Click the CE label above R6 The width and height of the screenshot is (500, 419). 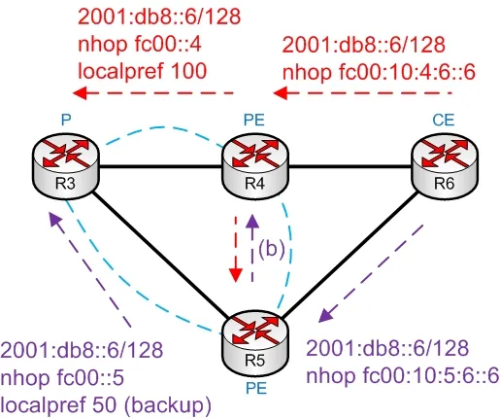coord(444,121)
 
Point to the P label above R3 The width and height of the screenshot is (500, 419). coord(66,121)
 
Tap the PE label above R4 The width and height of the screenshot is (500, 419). coord(254,121)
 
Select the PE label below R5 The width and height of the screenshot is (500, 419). coord(256,388)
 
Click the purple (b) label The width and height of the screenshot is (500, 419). coord(272,249)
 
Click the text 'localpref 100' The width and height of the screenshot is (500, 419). coord(143,71)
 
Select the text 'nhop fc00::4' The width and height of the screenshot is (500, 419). coord(140,44)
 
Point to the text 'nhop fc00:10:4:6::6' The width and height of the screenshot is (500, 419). coord(379,72)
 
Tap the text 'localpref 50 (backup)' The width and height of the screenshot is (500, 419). coord(106,404)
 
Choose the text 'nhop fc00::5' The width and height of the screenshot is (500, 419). coord(62,377)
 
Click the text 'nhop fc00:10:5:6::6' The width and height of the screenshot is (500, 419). coord(403,376)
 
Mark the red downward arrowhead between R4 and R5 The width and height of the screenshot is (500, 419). coord(236,275)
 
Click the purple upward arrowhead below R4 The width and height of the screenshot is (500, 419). coord(252,221)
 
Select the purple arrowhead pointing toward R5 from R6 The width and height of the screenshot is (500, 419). coord(325,315)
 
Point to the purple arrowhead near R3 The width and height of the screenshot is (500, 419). coord(55,220)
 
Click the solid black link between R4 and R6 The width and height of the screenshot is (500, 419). coord(350,167)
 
